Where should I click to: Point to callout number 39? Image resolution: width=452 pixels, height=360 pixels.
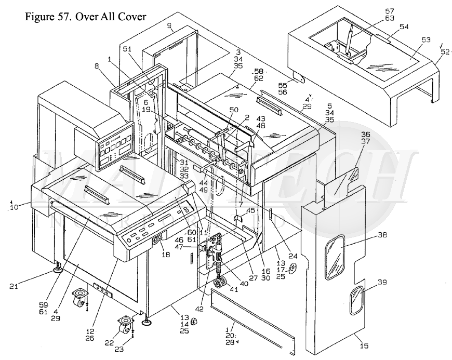tap(382, 283)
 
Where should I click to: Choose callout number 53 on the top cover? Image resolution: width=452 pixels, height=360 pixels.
tap(426, 39)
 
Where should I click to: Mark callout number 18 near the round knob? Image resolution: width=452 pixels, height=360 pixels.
tap(166, 256)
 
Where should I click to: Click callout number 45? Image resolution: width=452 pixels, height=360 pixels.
tap(251, 210)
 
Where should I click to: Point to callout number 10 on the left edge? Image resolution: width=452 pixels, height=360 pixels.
tap(12, 208)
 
